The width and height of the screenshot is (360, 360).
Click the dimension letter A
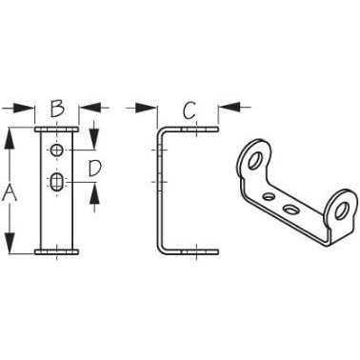point(12,192)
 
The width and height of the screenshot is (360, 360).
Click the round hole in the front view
point(57,151)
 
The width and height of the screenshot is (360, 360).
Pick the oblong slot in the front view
point(57,182)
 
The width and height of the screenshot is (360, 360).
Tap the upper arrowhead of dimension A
point(10,135)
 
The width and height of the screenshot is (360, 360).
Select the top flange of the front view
point(56,130)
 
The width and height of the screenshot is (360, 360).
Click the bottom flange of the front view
point(56,253)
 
